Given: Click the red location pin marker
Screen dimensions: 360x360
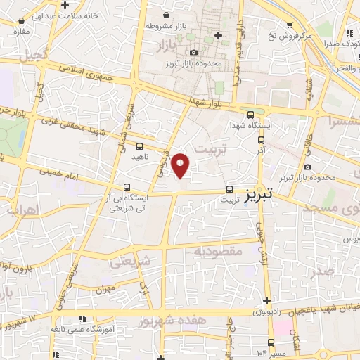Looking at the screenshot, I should [x=181, y=165].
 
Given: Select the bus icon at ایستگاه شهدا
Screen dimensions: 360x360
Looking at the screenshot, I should [x=251, y=115].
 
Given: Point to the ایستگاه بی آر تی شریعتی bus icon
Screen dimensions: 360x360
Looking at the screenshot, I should [x=127, y=187].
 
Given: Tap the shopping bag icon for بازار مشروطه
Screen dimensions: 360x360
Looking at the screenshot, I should [x=166, y=15].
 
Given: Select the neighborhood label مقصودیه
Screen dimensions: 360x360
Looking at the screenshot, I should [x=219, y=251].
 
